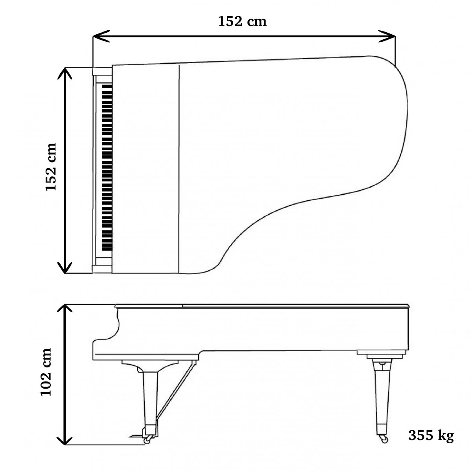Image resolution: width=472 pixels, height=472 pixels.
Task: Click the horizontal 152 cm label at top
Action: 242,21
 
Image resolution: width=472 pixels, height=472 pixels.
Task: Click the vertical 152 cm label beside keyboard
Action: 51,166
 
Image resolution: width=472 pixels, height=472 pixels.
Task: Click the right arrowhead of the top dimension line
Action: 387,36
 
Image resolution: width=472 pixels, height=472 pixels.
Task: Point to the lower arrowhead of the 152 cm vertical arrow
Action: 65,267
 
